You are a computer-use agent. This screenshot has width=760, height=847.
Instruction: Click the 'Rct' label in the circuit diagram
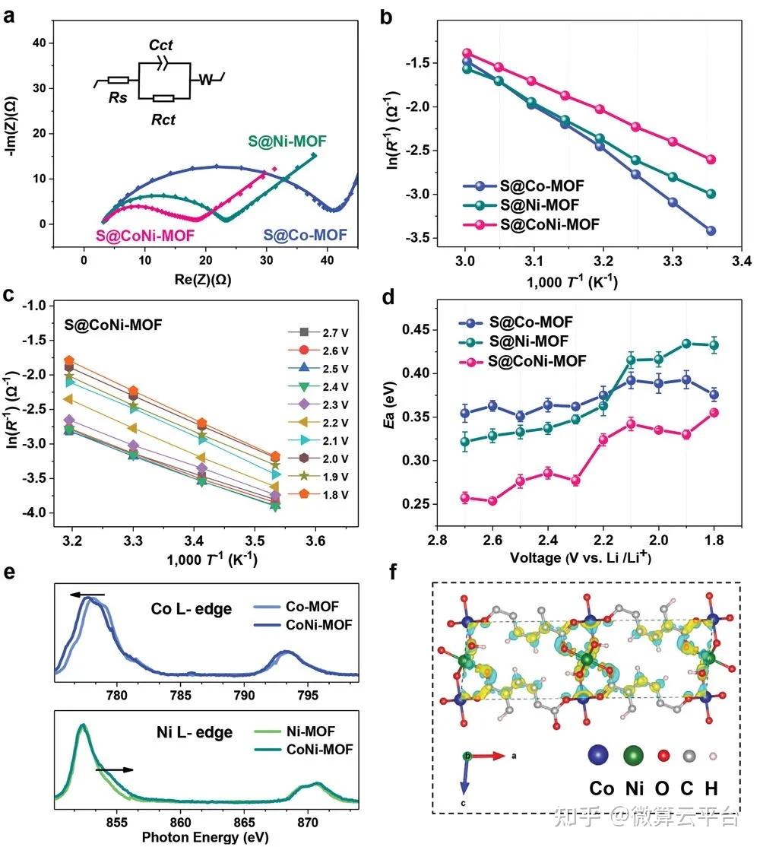(x=163, y=119)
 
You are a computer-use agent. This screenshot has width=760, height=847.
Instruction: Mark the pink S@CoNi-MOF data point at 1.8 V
(x=714, y=413)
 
